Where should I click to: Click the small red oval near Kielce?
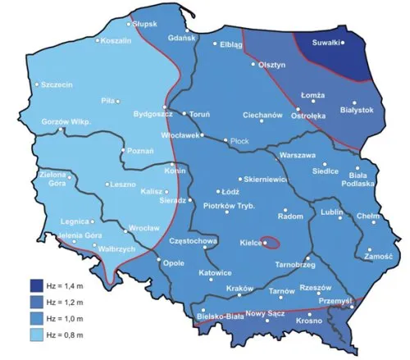click(x=273, y=243)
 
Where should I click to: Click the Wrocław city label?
click(x=138, y=229)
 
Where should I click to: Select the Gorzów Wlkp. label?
click(x=63, y=123)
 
